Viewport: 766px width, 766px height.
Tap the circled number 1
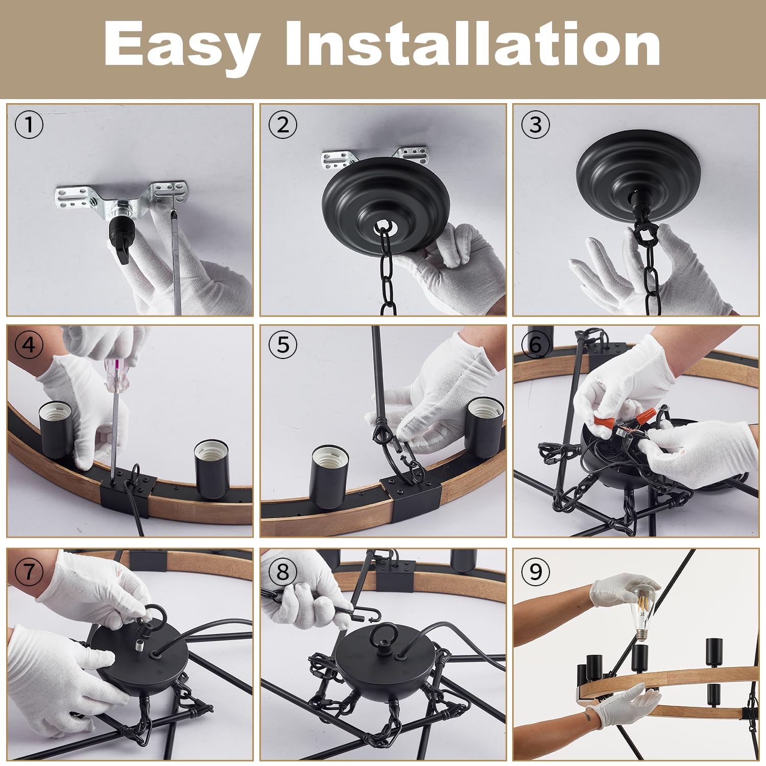click(29, 125)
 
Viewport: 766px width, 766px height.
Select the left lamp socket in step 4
click(57, 432)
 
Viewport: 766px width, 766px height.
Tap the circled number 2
click(282, 125)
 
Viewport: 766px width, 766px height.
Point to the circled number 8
click(282, 571)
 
